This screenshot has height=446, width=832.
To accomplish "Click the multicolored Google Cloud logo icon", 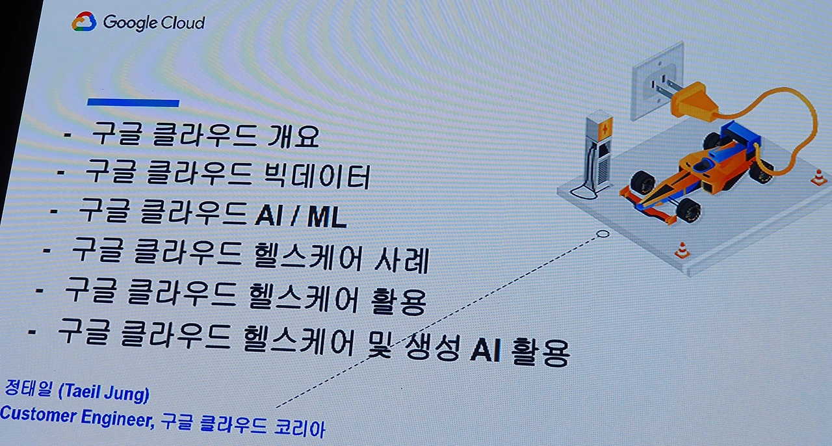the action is pyautogui.click(x=84, y=22).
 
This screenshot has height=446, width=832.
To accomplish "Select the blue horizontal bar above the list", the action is pyautogui.click(x=133, y=102).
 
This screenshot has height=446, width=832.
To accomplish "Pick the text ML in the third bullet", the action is pyautogui.click(x=326, y=216).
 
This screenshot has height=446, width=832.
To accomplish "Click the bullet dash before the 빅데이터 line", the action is pyautogui.click(x=61, y=172).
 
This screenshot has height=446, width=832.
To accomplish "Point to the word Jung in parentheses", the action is pyautogui.click(x=127, y=393).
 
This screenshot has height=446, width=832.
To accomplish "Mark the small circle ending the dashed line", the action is pyautogui.click(x=603, y=233).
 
